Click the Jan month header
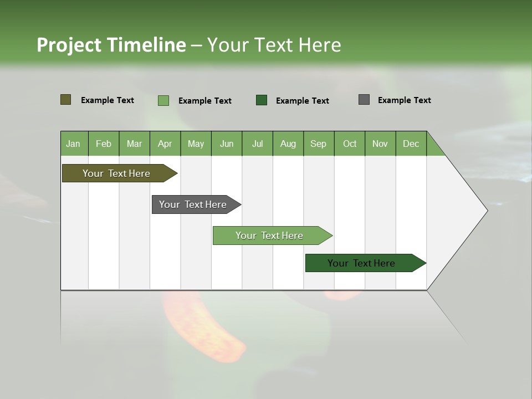pyautogui.click(x=73, y=144)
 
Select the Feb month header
pyautogui.click(x=104, y=144)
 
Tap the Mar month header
pyautogui.click(x=134, y=144)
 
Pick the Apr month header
pyautogui.click(x=165, y=144)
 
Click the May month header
pyautogui.click(x=196, y=144)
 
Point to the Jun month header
pyautogui.click(x=227, y=144)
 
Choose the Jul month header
pyautogui.click(x=257, y=144)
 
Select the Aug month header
pyautogui.click(x=288, y=144)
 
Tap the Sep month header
pyautogui.click(x=318, y=144)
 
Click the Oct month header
pyautogui.click(x=350, y=144)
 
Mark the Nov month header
pyautogui.click(x=380, y=144)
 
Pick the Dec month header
pyautogui.click(x=411, y=144)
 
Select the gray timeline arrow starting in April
pyautogui.click(x=195, y=204)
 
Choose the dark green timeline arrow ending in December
pyautogui.click(x=364, y=263)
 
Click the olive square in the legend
pyautogui.click(x=66, y=100)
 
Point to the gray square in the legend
pyautogui.click(x=364, y=100)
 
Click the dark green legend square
pyautogui.click(x=262, y=100)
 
